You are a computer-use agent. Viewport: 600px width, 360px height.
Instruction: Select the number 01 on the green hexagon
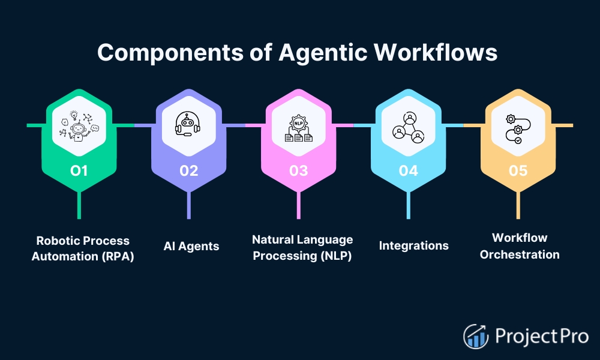(79, 171)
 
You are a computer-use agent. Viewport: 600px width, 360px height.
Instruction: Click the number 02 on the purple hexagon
(188, 171)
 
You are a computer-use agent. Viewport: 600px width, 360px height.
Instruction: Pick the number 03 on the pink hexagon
(298, 171)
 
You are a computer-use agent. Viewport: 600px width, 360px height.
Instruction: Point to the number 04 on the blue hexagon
(408, 171)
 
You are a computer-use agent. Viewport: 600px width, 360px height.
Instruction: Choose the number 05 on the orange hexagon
(518, 171)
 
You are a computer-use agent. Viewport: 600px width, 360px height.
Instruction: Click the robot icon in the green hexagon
(79, 126)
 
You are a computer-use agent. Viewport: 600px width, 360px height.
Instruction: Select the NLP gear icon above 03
(298, 126)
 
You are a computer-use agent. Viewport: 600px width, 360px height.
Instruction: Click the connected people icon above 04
(408, 126)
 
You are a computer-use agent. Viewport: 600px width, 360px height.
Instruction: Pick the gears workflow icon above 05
(518, 126)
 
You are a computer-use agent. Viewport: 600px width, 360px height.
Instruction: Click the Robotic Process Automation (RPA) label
(83, 248)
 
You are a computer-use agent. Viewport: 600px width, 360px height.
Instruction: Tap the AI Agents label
(191, 246)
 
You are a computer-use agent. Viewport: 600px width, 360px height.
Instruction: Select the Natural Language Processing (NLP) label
(302, 248)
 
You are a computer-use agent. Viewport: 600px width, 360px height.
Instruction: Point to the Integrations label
(413, 245)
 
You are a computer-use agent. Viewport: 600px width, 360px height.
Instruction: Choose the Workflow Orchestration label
(520, 246)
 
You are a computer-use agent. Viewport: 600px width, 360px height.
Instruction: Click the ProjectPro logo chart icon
(475, 336)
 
